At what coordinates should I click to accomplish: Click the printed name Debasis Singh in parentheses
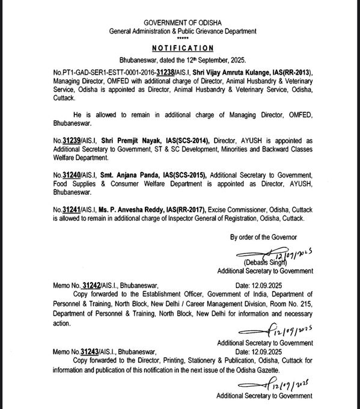point(264,263)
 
